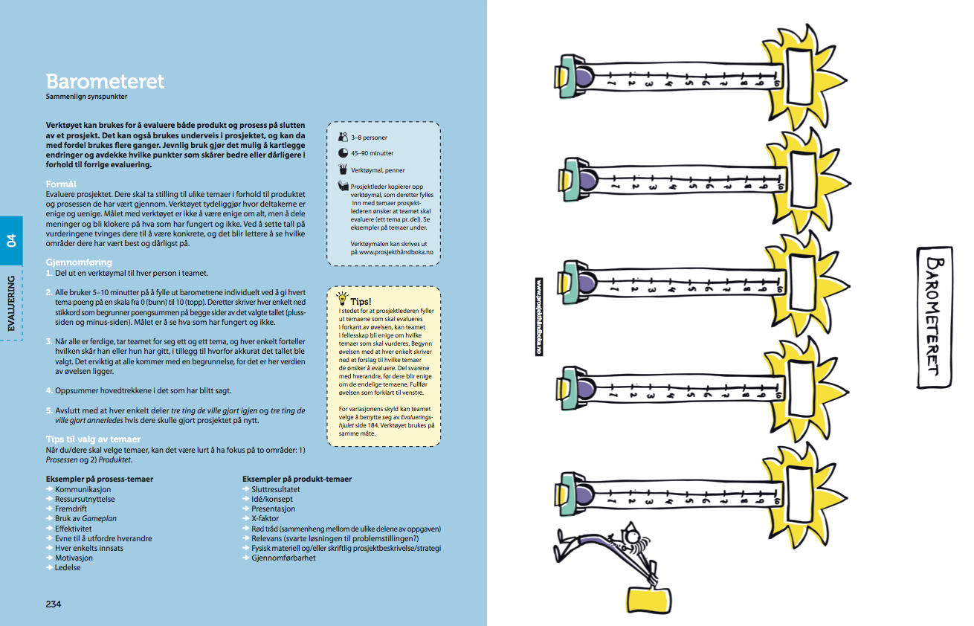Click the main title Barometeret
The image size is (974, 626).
105,81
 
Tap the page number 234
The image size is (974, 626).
54,604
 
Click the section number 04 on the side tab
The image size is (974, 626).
12,240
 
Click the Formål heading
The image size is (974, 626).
62,183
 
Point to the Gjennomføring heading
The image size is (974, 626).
79,262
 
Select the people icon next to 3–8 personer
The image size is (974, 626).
343,137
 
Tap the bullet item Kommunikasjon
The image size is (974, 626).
83,490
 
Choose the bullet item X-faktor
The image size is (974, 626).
265,519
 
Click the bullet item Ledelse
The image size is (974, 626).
68,567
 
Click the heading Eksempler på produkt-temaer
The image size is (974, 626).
297,480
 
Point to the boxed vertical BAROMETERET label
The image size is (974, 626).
935,317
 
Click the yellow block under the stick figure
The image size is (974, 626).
648,600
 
